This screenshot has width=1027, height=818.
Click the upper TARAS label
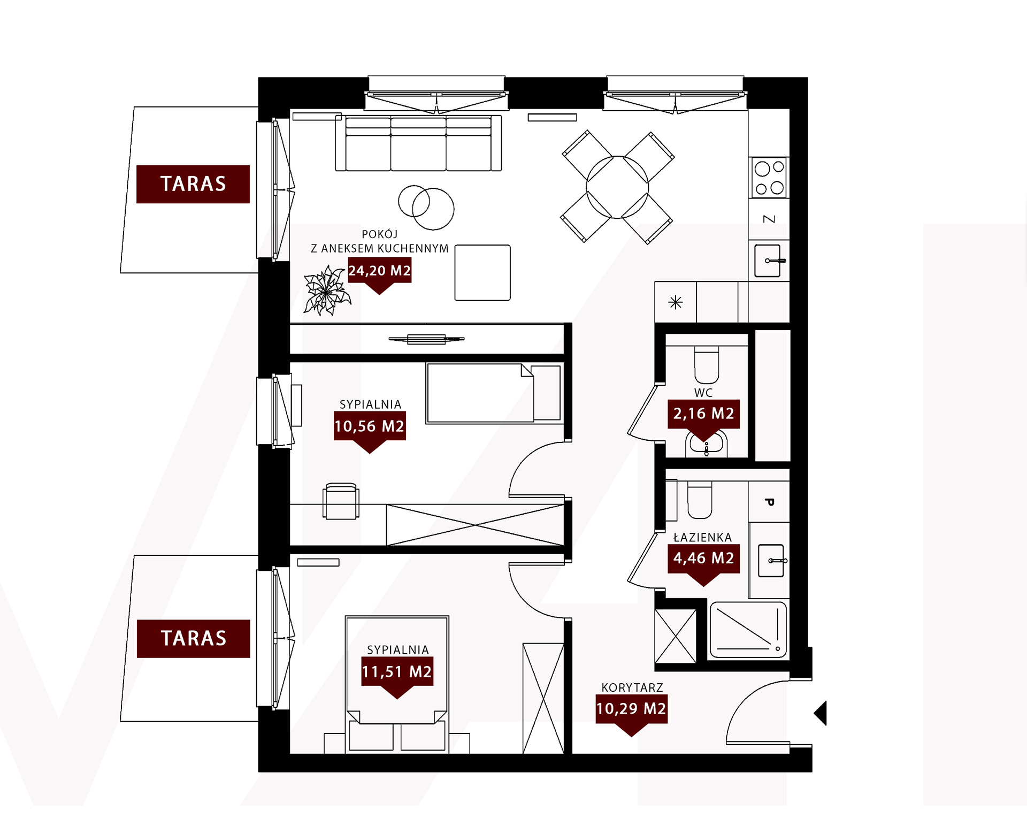(193, 184)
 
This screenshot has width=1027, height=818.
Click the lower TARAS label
(194, 638)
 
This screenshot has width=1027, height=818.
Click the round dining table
(617, 187)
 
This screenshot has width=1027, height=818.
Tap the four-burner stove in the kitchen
(769, 177)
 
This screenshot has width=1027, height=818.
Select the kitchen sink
(769, 261)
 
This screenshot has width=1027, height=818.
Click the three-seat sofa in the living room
(418, 143)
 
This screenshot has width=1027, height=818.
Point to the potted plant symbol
(326, 290)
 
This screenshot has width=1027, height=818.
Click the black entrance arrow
(821, 713)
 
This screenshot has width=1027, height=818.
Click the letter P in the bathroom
(769, 502)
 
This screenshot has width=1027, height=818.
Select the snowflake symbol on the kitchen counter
(676, 303)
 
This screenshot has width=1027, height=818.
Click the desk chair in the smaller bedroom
(341, 501)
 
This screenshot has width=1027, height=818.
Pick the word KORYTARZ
(632, 687)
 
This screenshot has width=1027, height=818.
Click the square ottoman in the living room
(482, 273)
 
